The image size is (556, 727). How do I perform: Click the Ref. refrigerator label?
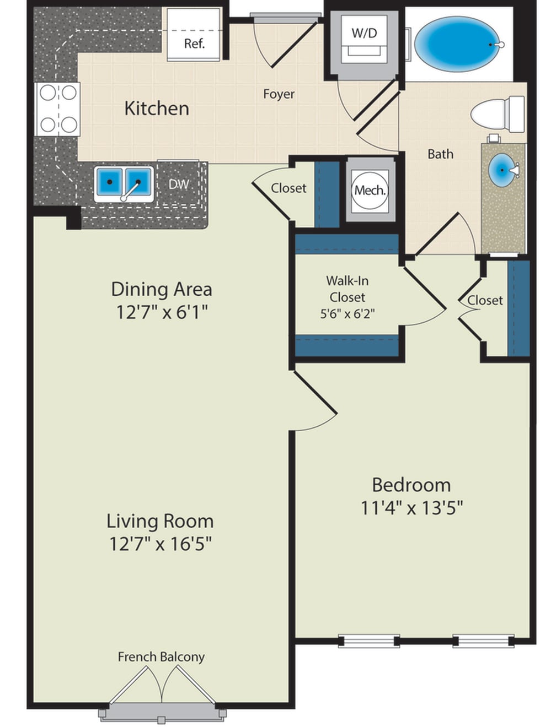pyautogui.click(x=194, y=44)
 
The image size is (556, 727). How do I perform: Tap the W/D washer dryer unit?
pyautogui.click(x=364, y=42)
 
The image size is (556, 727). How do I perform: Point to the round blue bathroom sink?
pyautogui.click(x=503, y=171)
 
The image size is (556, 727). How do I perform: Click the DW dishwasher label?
pyautogui.click(x=179, y=185)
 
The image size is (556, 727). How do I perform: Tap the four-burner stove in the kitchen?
pyautogui.click(x=58, y=109)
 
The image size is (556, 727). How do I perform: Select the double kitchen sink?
pyautogui.click(x=124, y=182)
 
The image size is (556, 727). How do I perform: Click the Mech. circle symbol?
pyautogui.click(x=370, y=191)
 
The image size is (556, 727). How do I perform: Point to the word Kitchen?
pyautogui.click(x=157, y=108)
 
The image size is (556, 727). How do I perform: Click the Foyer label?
pyautogui.click(x=279, y=94)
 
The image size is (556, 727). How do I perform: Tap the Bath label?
pyautogui.click(x=440, y=154)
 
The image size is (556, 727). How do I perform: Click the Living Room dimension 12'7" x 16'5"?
pyautogui.click(x=161, y=544)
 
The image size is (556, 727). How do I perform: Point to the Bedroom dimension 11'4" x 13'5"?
pyautogui.click(x=411, y=507)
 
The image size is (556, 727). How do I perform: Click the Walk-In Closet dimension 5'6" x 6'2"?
pyautogui.click(x=347, y=314)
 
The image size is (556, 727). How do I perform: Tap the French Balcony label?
pyautogui.click(x=161, y=657)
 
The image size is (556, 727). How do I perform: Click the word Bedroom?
pyautogui.click(x=411, y=485)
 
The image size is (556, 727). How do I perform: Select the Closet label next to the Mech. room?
pyautogui.click(x=288, y=188)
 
